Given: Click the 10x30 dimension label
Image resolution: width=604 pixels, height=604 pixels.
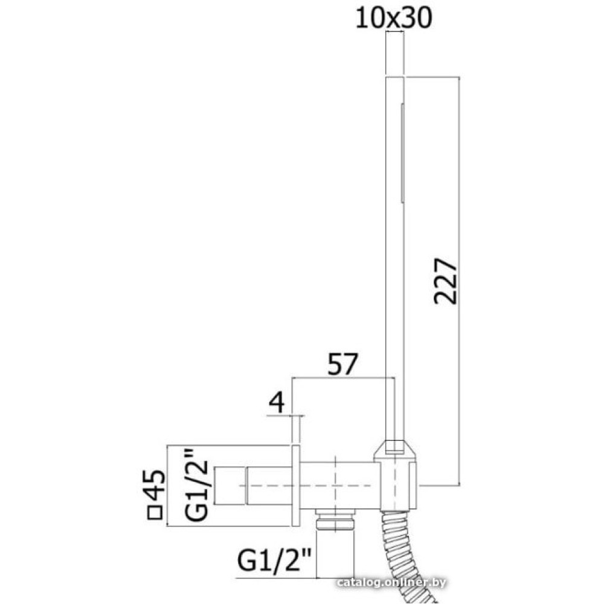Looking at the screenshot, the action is [393, 18].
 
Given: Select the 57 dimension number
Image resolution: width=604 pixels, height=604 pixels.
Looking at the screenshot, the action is [343, 364].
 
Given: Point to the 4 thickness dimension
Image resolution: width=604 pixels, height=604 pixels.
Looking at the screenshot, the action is [277, 403].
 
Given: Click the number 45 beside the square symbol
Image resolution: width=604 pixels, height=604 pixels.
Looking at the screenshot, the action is [156, 484].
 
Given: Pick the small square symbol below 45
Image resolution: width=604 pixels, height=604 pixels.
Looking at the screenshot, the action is [156, 513].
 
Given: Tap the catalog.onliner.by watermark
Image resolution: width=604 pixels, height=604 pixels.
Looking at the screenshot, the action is [391, 582].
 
